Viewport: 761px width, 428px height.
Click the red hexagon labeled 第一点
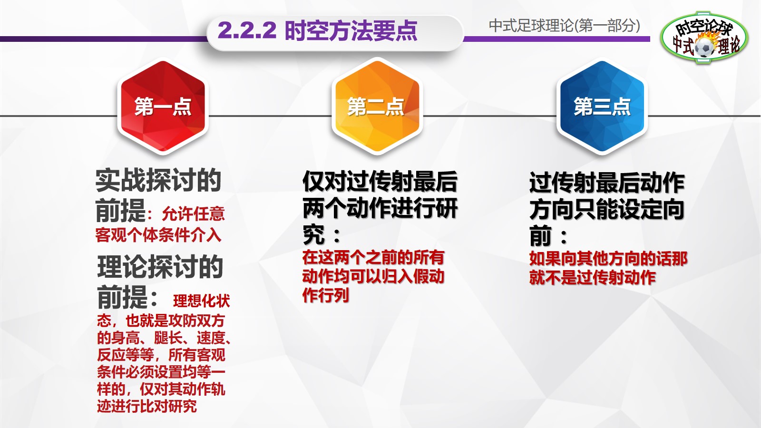163,106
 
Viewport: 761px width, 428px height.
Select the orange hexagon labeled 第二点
376,106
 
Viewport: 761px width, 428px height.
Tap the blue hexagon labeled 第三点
602,106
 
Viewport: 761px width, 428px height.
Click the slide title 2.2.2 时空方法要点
317,31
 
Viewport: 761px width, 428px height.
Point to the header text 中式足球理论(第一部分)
564,25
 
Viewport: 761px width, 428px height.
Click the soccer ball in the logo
704,47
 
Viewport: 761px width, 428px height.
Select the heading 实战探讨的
158,180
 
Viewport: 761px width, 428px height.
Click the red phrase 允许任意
193,214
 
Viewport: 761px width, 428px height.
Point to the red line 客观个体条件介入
158,235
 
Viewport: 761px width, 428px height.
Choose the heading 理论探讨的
160,266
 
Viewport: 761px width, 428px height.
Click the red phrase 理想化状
201,301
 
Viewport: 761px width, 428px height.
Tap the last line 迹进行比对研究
147,406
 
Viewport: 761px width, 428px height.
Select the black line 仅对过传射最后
380,182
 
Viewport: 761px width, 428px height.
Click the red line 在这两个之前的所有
373,257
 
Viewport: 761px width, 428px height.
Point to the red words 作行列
326,295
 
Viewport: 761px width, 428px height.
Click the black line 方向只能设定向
607,209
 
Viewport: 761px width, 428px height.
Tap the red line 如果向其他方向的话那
608,259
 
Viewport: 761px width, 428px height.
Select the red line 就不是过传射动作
593,277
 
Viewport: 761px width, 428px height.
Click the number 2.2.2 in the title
247,31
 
